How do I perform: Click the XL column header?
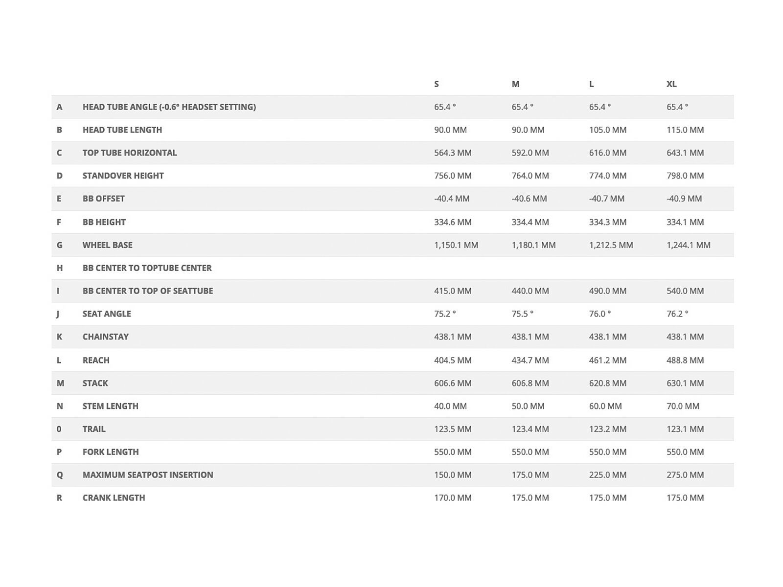(671, 84)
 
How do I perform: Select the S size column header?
(437, 84)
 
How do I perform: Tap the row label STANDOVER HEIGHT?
(123, 176)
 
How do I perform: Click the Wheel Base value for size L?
(611, 245)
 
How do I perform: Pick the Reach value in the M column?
(530, 360)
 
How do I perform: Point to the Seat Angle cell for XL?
(677, 314)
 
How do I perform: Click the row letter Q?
(60, 475)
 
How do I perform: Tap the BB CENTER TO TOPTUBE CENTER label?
(147, 268)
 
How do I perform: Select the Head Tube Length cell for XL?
(685, 130)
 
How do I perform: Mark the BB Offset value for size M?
(529, 199)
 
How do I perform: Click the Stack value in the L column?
(607, 383)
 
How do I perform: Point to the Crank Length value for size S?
(453, 498)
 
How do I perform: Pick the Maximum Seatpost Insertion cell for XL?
(685, 475)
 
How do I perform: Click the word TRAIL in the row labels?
(94, 429)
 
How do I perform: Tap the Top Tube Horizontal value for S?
(453, 153)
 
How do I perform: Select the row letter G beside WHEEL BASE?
(59, 245)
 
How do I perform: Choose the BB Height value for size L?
(607, 222)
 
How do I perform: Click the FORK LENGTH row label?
(111, 452)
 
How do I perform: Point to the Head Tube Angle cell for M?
(522, 107)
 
